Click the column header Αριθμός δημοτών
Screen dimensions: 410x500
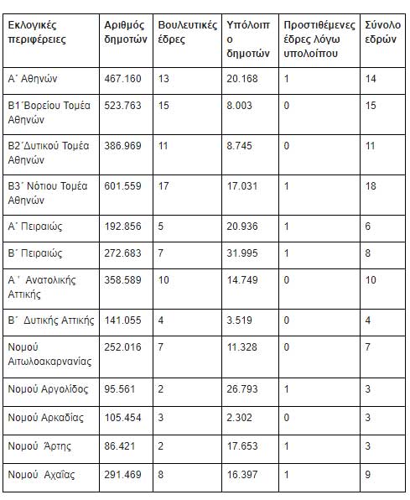[x=126, y=33]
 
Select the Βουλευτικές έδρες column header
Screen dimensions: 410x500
[x=184, y=33]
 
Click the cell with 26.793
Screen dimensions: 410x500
[x=244, y=388]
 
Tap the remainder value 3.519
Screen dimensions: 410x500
[x=241, y=320]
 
